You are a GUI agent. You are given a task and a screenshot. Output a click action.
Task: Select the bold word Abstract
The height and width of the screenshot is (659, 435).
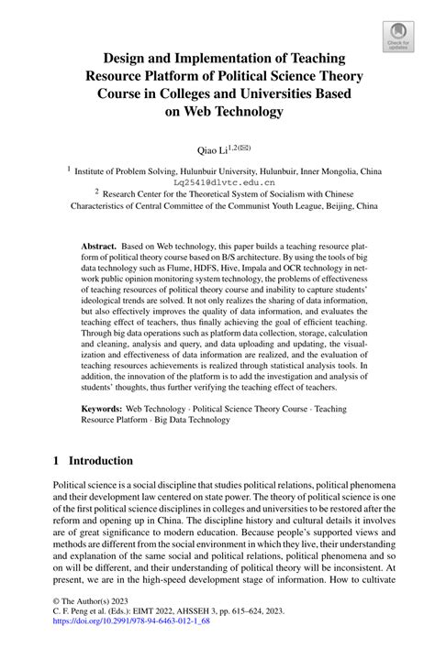98,247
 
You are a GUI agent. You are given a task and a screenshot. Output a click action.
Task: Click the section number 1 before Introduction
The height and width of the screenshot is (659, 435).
56,463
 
